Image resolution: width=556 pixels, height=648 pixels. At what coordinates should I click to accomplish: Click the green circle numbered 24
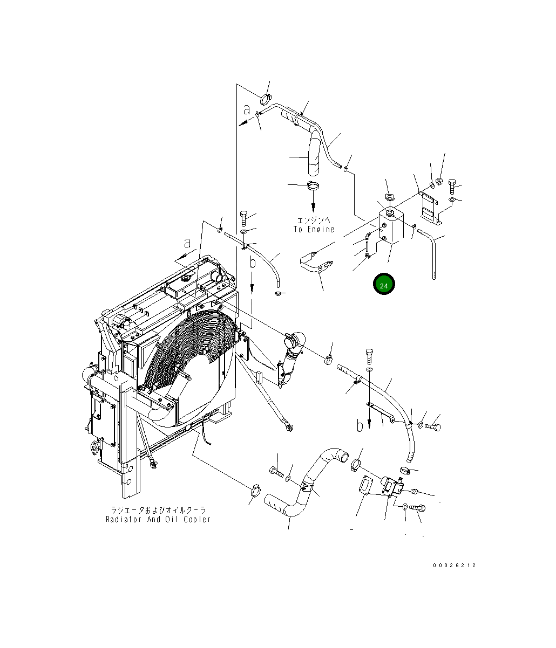click(x=384, y=285)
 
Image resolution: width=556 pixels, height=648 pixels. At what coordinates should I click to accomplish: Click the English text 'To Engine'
click(x=314, y=229)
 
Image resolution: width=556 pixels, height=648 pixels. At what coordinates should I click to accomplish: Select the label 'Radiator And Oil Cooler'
click(x=158, y=519)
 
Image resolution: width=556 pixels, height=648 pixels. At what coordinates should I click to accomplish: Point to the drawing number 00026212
click(x=454, y=566)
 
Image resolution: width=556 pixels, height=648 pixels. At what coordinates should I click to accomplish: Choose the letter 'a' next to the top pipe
click(x=247, y=110)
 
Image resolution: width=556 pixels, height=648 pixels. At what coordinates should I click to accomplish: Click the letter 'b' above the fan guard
click(x=252, y=263)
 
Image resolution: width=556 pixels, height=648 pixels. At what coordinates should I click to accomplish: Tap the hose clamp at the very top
click(x=266, y=98)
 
